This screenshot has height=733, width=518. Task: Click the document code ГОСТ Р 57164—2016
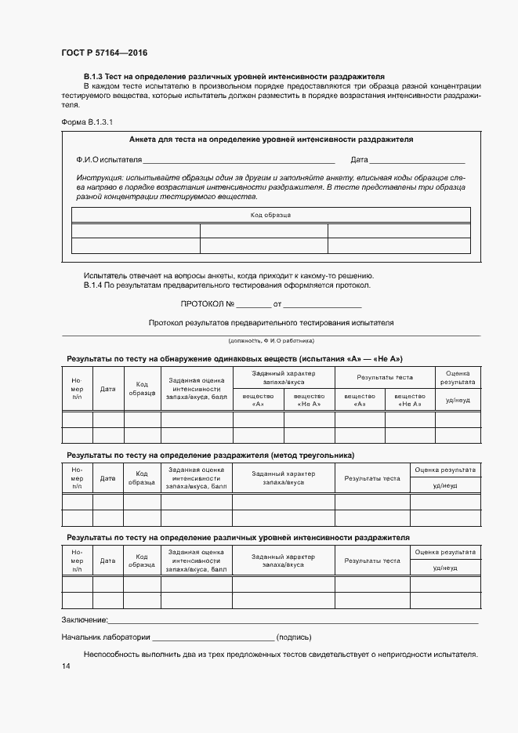point(104,53)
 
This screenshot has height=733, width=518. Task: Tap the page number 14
point(66,666)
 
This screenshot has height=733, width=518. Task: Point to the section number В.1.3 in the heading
point(96,76)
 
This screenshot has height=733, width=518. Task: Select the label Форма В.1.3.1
point(87,123)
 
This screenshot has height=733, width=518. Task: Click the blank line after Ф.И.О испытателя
point(239,160)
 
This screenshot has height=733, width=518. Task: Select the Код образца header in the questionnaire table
point(270,215)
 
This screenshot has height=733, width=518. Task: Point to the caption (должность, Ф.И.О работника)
point(271,341)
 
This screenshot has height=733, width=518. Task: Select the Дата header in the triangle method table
point(108,477)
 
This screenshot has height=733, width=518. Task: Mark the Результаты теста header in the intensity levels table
point(372,561)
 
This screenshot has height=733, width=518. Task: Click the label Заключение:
point(85,620)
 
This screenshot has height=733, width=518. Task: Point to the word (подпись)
point(294,637)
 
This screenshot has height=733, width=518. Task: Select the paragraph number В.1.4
point(93,285)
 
